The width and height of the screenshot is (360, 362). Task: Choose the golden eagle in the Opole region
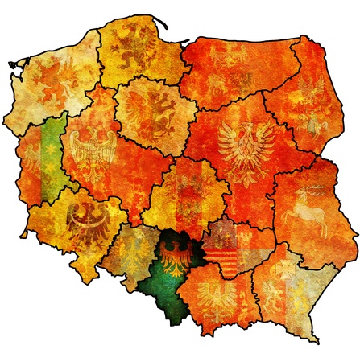[x=134, y=249]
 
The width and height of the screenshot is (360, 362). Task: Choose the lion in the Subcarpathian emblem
[x=295, y=302]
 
